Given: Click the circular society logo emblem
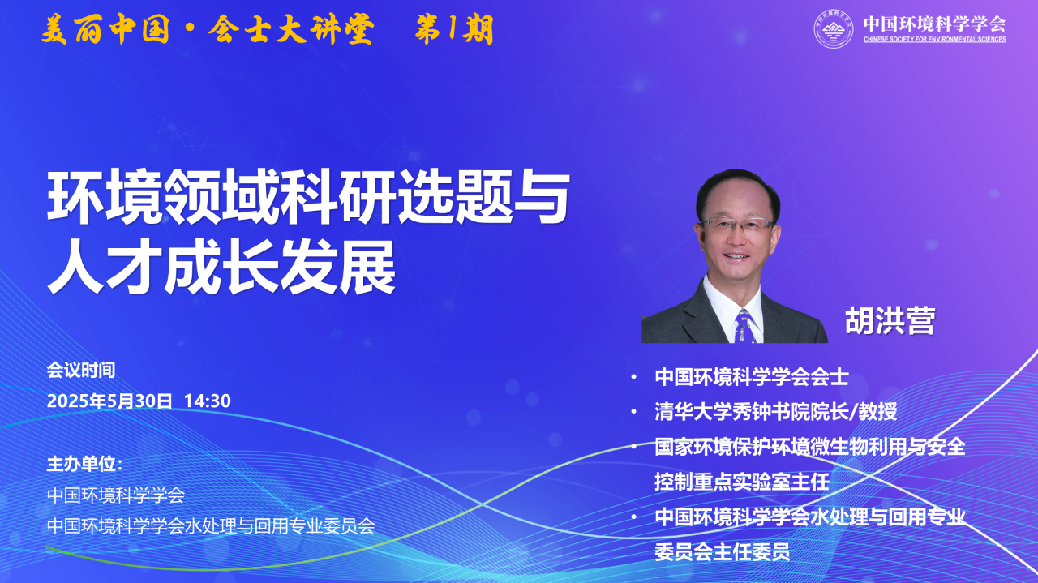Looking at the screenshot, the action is point(834,28).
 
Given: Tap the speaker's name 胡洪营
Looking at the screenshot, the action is point(890,321).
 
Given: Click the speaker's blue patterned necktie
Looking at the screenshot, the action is point(744,326).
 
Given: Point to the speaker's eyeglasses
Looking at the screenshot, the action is point(737,225).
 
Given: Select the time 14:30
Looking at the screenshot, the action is point(207,401).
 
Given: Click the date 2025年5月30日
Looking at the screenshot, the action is point(109,401).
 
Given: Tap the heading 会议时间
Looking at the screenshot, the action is point(81,370).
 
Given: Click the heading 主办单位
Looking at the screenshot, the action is point(84,464).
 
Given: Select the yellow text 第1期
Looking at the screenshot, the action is point(454,30).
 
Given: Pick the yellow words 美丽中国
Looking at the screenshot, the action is point(105,30).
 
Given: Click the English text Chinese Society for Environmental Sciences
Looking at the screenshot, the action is point(934,40).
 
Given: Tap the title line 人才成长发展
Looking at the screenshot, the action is point(221,268).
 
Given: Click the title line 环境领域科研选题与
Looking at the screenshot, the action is point(308,197).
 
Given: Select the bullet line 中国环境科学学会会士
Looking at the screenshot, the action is point(752,377).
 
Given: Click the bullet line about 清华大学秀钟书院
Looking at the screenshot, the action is point(776,412).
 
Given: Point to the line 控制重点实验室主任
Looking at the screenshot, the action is point(742,482).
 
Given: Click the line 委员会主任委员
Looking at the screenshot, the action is point(722,552).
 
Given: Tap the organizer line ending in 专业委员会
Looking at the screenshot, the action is point(211,526).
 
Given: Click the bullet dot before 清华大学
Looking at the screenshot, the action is point(634,411).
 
